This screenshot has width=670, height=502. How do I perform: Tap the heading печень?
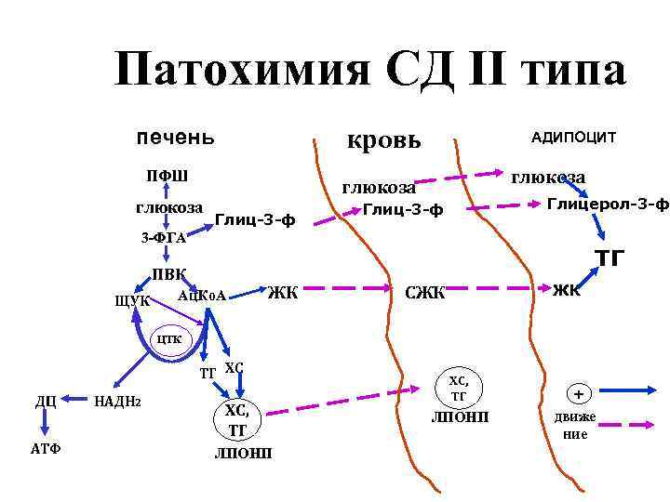(176, 137)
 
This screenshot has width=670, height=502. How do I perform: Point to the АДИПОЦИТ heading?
(573, 137)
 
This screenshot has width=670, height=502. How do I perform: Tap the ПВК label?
(169, 275)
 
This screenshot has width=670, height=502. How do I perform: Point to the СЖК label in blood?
(426, 295)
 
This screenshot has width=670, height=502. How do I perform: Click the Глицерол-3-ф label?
(608, 204)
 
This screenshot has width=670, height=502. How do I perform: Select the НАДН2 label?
(118, 401)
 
